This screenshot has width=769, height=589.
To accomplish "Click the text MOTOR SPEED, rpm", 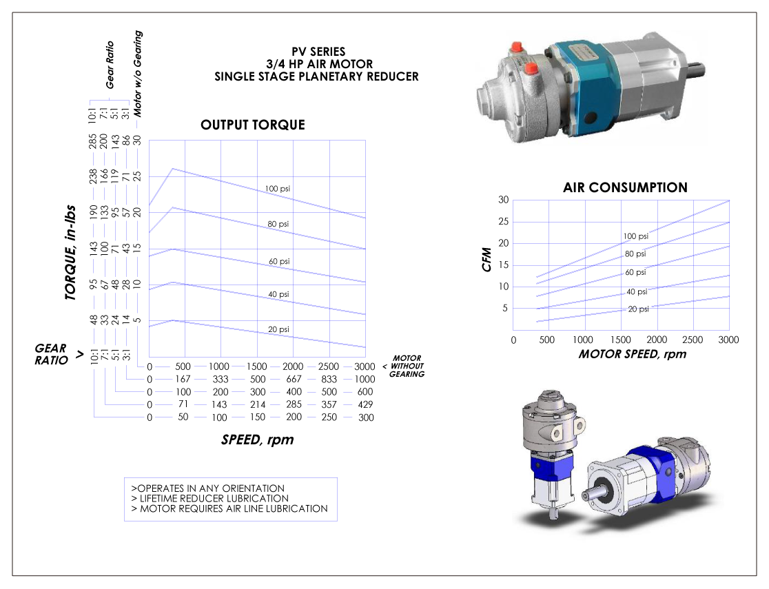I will tap(632, 354).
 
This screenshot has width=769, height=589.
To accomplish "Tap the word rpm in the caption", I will tap(674, 354).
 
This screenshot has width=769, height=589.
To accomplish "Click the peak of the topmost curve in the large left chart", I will tap(173, 169).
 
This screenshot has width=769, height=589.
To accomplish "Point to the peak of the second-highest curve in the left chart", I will tap(173, 207).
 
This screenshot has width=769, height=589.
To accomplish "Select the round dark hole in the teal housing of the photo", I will tap(590, 117).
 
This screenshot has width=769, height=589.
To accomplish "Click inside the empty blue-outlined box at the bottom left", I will tap(230, 499).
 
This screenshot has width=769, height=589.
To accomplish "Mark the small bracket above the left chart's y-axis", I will tap(109, 102).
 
